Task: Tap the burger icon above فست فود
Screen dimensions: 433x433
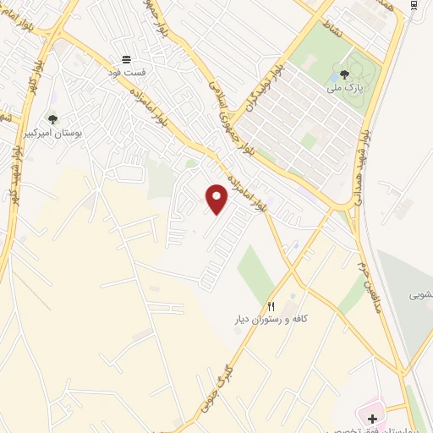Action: tap(126, 59)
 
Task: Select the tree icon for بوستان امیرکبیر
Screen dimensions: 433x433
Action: tap(52, 119)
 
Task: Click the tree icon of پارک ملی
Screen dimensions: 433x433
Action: tap(344, 74)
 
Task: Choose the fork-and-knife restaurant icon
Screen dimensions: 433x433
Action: tap(271, 306)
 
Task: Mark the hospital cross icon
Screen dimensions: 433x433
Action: tap(372, 419)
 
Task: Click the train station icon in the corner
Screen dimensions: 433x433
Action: tap(414, 5)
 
